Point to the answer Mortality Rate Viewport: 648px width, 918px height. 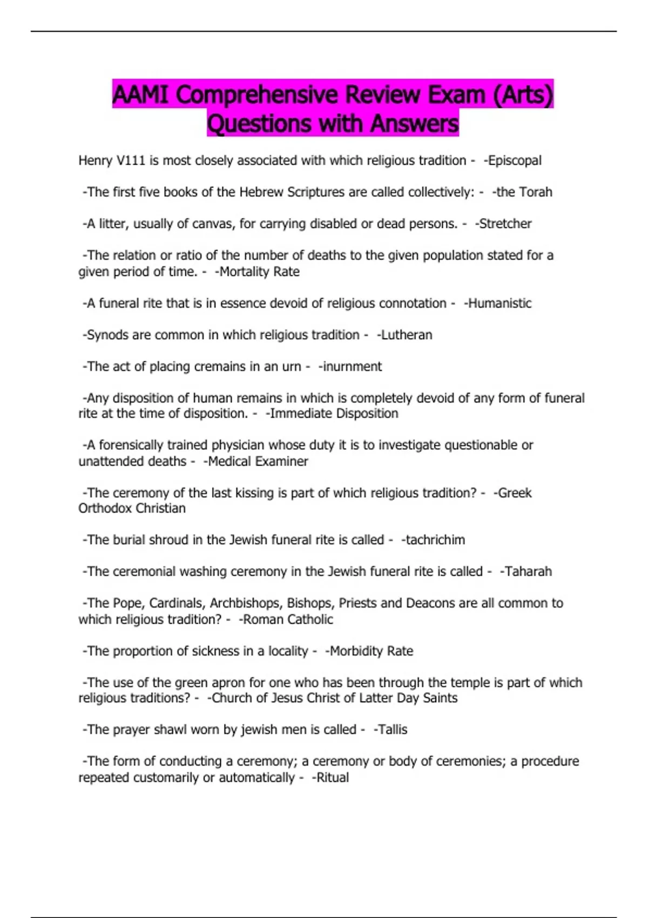pyautogui.click(x=259, y=272)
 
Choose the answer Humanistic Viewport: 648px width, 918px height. pyautogui.click(x=500, y=303)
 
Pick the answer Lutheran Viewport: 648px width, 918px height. pyautogui.click(x=407, y=335)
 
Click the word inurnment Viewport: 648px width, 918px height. pyautogui.click(x=352, y=367)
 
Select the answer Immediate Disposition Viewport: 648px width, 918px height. pyautogui.click(x=334, y=414)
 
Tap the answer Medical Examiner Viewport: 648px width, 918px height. pyautogui.click(x=258, y=462)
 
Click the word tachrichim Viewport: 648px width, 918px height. pyautogui.click(x=435, y=540)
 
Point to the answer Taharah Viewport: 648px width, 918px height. pyautogui.click(x=528, y=572)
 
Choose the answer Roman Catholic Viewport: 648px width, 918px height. pyautogui.click(x=288, y=619)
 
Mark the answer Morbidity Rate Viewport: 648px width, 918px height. pyautogui.click(x=371, y=651)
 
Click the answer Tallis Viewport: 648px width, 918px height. pyautogui.click(x=393, y=730)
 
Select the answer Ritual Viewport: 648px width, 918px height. pyautogui.click(x=332, y=778)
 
